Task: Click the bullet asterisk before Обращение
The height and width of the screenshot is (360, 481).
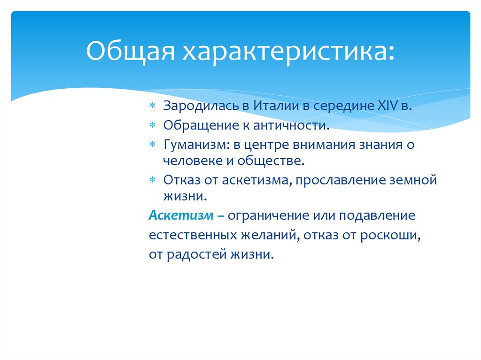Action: coord(152,126)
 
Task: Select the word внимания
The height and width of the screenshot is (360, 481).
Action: coord(315,145)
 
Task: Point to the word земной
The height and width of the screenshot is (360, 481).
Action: coord(413,180)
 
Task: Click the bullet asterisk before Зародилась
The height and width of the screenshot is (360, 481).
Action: coord(152,107)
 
